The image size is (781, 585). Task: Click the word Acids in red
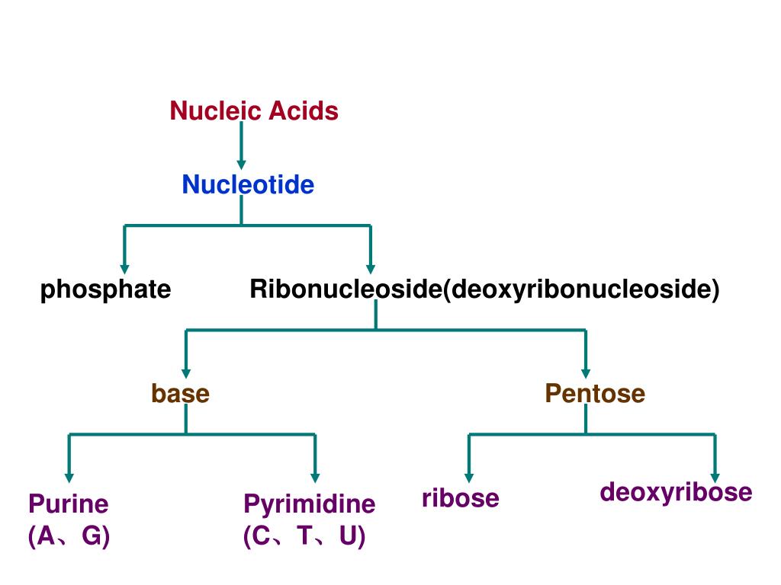pyautogui.click(x=304, y=111)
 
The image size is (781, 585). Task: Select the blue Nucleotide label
pyautogui.click(x=248, y=184)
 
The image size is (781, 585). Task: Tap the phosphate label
pyautogui.click(x=105, y=289)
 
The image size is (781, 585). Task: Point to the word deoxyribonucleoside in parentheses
pyautogui.click(x=581, y=289)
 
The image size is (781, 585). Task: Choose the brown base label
pyautogui.click(x=180, y=393)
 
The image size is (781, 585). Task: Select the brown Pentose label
pyautogui.click(x=595, y=393)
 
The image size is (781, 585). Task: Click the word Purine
pyautogui.click(x=69, y=503)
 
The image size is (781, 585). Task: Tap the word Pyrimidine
pyautogui.click(x=310, y=503)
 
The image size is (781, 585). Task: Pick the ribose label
pyautogui.click(x=461, y=498)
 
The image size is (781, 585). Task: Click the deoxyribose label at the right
pyautogui.click(x=676, y=492)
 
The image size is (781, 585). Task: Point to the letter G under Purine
pyautogui.click(x=92, y=536)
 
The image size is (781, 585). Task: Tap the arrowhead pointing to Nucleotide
pyautogui.click(x=241, y=164)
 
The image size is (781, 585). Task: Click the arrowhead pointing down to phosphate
pyautogui.click(x=124, y=268)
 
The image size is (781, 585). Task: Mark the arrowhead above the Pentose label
pyautogui.click(x=586, y=372)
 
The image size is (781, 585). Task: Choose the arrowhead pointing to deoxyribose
pyautogui.click(x=715, y=477)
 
